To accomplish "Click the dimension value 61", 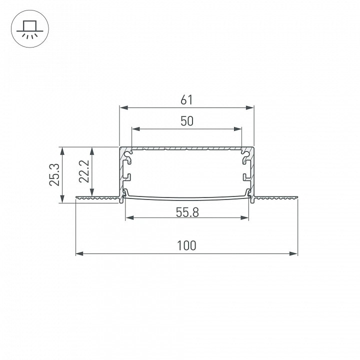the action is (x=186, y=100).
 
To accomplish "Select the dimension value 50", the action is (x=187, y=121).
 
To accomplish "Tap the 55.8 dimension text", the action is (x=187, y=212).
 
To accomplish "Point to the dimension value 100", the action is (x=186, y=245).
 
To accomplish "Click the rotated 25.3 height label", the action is (x=54, y=174).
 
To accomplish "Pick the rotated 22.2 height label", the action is (x=84, y=171).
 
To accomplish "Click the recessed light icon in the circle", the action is (x=30, y=29).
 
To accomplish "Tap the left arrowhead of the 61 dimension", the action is (x=123, y=107).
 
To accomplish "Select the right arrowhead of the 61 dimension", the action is (x=250, y=107).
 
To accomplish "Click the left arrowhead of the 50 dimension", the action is (x=136, y=129).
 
